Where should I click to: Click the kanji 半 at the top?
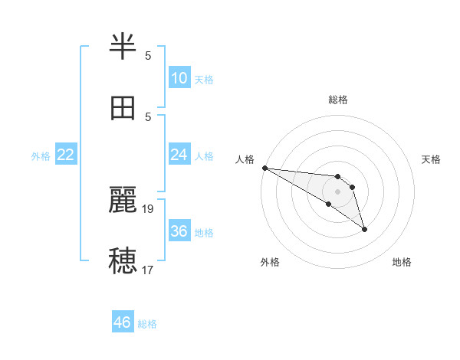(x=123, y=47)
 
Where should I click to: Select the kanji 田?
(x=123, y=108)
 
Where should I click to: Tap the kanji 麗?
(x=123, y=200)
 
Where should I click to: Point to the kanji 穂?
(x=123, y=261)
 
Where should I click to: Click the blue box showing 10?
(x=179, y=78)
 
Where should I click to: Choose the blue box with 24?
(x=179, y=155)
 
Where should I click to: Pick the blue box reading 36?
(x=179, y=231)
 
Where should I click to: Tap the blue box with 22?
(x=66, y=155)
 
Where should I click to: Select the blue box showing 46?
(x=123, y=322)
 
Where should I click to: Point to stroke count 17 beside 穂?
(x=148, y=270)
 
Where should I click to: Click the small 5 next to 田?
(x=148, y=116)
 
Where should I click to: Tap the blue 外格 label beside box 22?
(x=41, y=155)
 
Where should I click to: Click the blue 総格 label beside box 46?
(x=147, y=324)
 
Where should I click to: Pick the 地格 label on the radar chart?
(x=402, y=262)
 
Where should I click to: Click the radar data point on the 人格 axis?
(x=264, y=168)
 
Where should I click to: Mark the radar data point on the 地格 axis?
(x=364, y=229)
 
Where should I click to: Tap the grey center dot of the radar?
(x=337, y=191)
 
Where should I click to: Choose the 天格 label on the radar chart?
(x=431, y=159)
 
